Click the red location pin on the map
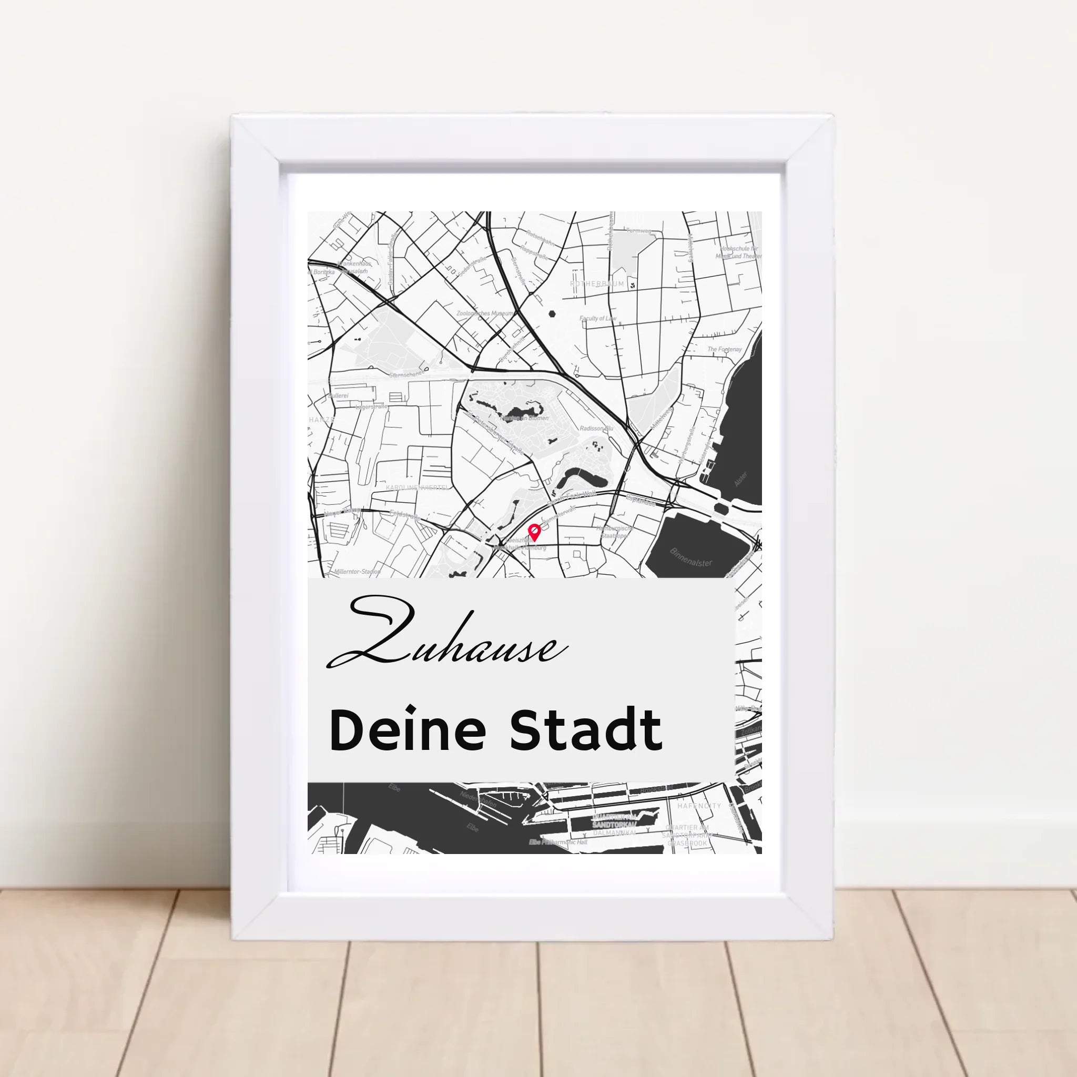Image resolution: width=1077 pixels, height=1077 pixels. tap(535, 532)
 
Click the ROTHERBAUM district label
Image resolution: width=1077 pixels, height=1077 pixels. tap(597, 284)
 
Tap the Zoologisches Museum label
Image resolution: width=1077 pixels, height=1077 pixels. tap(485, 314)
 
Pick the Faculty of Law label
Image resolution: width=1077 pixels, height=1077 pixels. tap(597, 318)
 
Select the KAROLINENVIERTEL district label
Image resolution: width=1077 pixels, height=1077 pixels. tap(418, 487)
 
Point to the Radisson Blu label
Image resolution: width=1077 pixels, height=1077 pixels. tap(596, 428)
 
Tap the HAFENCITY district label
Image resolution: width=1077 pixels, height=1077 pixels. tap(698, 806)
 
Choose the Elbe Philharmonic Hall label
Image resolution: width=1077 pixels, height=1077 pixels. tap(558, 842)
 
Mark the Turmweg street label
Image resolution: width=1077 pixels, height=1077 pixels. tap(639, 230)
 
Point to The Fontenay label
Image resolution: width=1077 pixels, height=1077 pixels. tap(724, 350)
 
